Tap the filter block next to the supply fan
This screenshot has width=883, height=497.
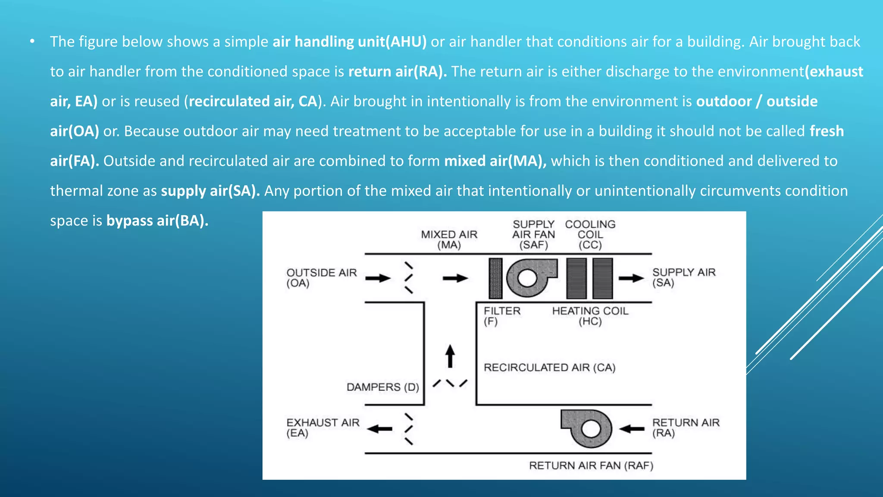coord(495,278)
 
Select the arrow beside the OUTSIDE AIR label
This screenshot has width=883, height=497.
coord(378,278)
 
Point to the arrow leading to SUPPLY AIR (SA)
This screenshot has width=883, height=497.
coord(631,278)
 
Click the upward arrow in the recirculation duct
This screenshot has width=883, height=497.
coord(450,356)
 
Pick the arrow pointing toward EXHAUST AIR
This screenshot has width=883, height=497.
coord(380,429)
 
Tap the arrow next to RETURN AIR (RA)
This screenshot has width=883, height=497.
coord(632,429)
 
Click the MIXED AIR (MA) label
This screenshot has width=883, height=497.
coord(449,240)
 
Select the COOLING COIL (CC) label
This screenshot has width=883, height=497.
coord(590,235)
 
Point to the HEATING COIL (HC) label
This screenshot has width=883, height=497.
coord(590,316)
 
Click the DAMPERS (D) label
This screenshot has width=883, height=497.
coord(382,387)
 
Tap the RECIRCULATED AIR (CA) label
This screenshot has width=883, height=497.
coord(549,368)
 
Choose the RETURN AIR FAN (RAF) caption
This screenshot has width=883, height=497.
coord(591,466)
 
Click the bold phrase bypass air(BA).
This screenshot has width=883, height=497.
coord(157,221)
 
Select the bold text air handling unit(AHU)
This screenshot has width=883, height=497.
coord(349,42)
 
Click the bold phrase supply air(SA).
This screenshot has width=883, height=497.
coord(210,191)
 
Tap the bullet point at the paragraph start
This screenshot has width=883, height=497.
coord(32,41)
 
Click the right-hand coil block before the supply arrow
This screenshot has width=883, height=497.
coord(602,278)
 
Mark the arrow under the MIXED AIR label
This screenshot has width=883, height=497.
coord(455,278)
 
